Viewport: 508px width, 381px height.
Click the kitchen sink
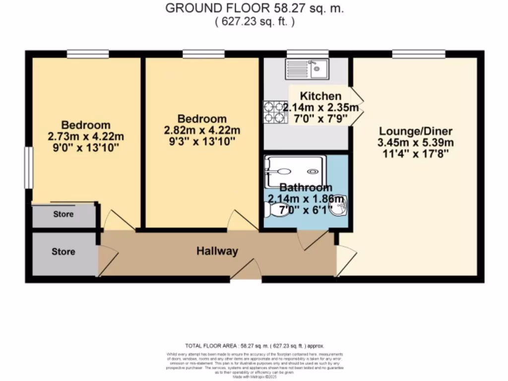305,69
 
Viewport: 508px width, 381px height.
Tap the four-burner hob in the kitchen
275,112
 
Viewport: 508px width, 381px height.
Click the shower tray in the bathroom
296,171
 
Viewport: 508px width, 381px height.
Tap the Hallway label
216,252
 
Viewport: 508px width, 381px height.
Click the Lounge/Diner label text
416,131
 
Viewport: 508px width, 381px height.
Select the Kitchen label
321,96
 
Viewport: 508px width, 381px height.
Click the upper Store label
63,214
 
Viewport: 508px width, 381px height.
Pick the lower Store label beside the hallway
63,252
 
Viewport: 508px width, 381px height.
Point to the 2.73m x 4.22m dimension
85,136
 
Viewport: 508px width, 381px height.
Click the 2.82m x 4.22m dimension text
202,130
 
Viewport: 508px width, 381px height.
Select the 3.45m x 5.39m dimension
416,143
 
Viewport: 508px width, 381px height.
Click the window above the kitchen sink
308,53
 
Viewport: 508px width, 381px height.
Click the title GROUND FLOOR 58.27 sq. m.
254,8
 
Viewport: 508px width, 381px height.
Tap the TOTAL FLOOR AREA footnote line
254,345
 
